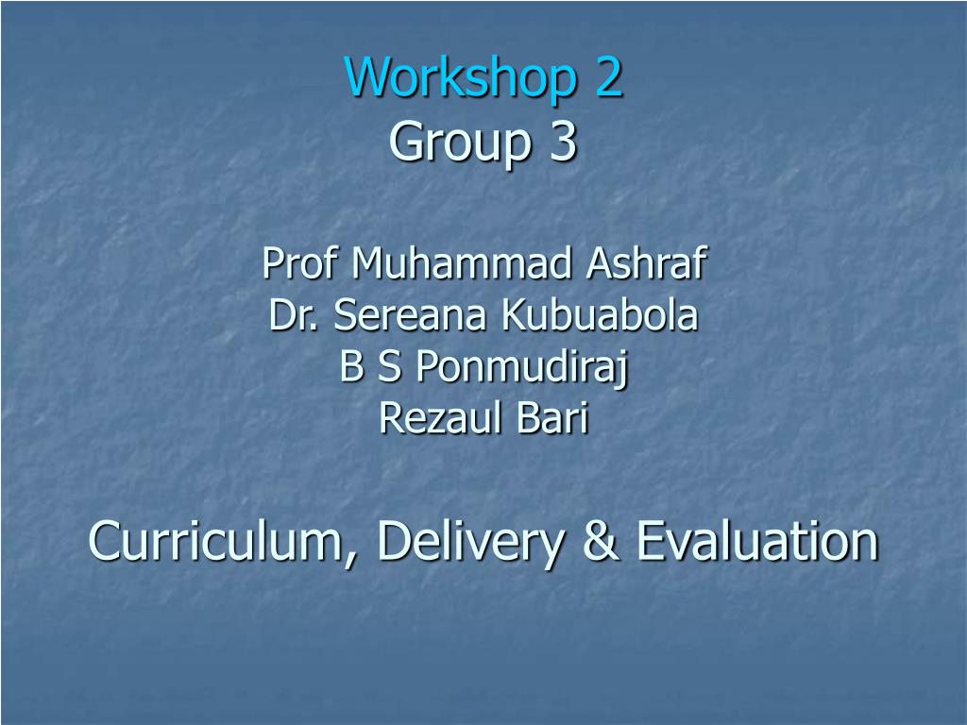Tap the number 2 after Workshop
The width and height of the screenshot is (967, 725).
[x=609, y=78]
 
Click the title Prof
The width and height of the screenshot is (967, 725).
[x=300, y=263]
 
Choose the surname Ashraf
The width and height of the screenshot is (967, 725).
[x=646, y=263]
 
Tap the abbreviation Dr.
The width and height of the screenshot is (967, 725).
[x=294, y=316]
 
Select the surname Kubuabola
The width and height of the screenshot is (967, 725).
[x=600, y=316]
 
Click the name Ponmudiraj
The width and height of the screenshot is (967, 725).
[x=521, y=369]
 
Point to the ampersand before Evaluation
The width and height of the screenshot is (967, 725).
[x=599, y=541]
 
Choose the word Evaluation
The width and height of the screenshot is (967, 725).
[x=756, y=541]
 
